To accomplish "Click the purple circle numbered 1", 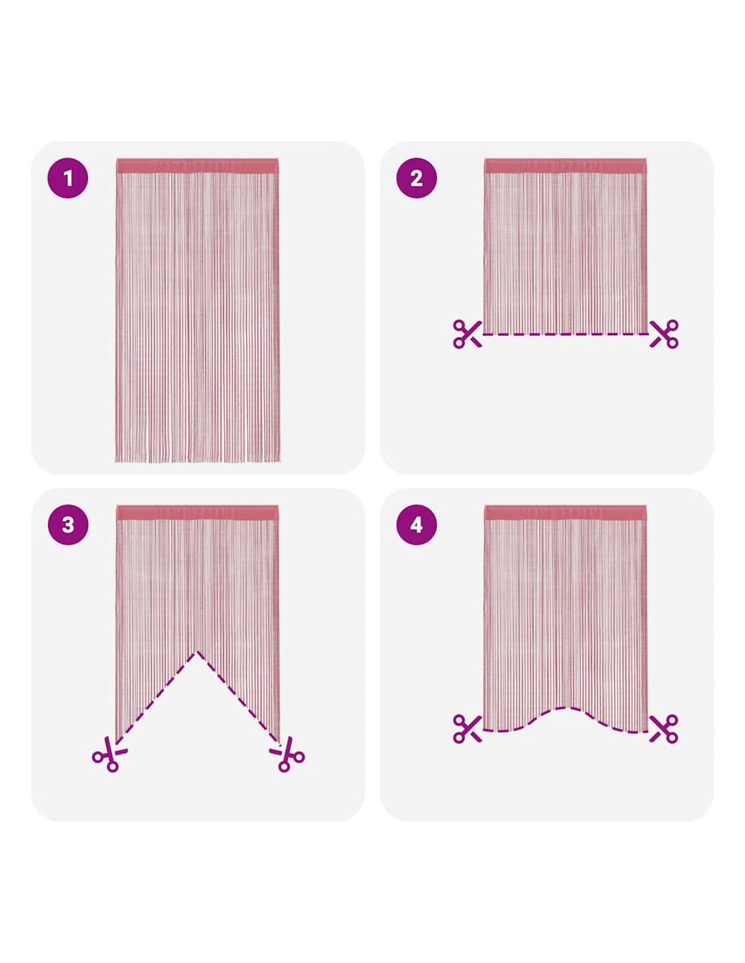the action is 68,177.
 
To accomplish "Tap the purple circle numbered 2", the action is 416,177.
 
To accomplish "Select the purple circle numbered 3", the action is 68,524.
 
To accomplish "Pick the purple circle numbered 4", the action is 416,524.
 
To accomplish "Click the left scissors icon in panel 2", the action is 467,334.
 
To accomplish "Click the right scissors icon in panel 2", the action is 664,334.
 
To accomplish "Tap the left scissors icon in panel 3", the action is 109,754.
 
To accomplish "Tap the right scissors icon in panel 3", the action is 287,754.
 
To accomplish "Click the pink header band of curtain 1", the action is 197,165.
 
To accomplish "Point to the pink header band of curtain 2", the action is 565,165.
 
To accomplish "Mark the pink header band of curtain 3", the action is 197,512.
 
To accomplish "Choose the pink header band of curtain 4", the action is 565,512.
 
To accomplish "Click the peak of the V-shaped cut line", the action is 197,651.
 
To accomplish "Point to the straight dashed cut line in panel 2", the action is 566,334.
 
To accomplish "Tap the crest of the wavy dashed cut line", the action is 566,708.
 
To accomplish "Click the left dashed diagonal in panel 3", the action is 156,696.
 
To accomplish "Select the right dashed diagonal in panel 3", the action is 238,696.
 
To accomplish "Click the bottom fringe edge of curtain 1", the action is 197,461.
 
